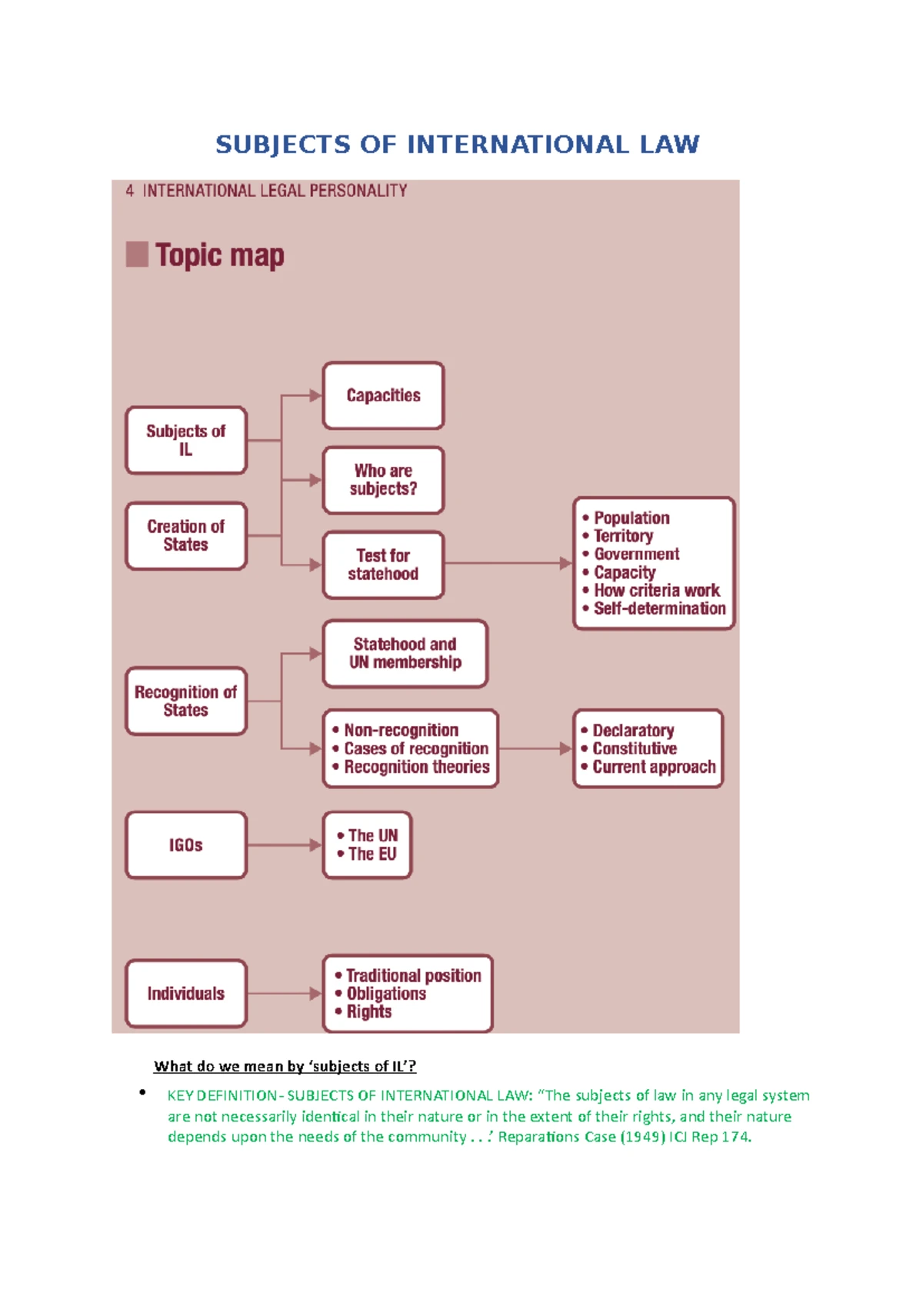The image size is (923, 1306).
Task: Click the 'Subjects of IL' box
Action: pos(186,440)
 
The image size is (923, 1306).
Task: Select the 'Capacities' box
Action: pos(383,395)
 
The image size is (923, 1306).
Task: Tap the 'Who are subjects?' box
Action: pos(383,480)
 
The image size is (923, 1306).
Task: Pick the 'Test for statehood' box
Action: pos(383,565)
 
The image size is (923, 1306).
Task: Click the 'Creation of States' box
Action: pos(186,535)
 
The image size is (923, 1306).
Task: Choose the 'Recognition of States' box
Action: pos(186,701)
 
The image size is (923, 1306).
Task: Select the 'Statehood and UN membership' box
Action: pos(405,654)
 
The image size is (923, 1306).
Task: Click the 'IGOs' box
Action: pos(186,845)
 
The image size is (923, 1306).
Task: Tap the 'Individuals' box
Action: pos(186,993)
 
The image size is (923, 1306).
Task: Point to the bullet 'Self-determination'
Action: pos(655,608)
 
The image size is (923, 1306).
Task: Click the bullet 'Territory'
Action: pos(618,536)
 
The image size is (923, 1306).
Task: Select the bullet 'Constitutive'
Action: pos(628,748)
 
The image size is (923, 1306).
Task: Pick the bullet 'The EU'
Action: pos(367,854)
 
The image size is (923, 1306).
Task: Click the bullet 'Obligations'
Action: pos(380,993)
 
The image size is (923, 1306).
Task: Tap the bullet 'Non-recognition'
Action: pos(395,730)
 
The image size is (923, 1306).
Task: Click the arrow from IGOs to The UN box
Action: pos(285,845)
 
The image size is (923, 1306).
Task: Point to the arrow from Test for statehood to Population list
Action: pos(508,563)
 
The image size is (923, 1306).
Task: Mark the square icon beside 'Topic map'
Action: pos(137,255)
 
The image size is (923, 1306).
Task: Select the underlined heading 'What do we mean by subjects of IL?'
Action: pos(285,1066)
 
